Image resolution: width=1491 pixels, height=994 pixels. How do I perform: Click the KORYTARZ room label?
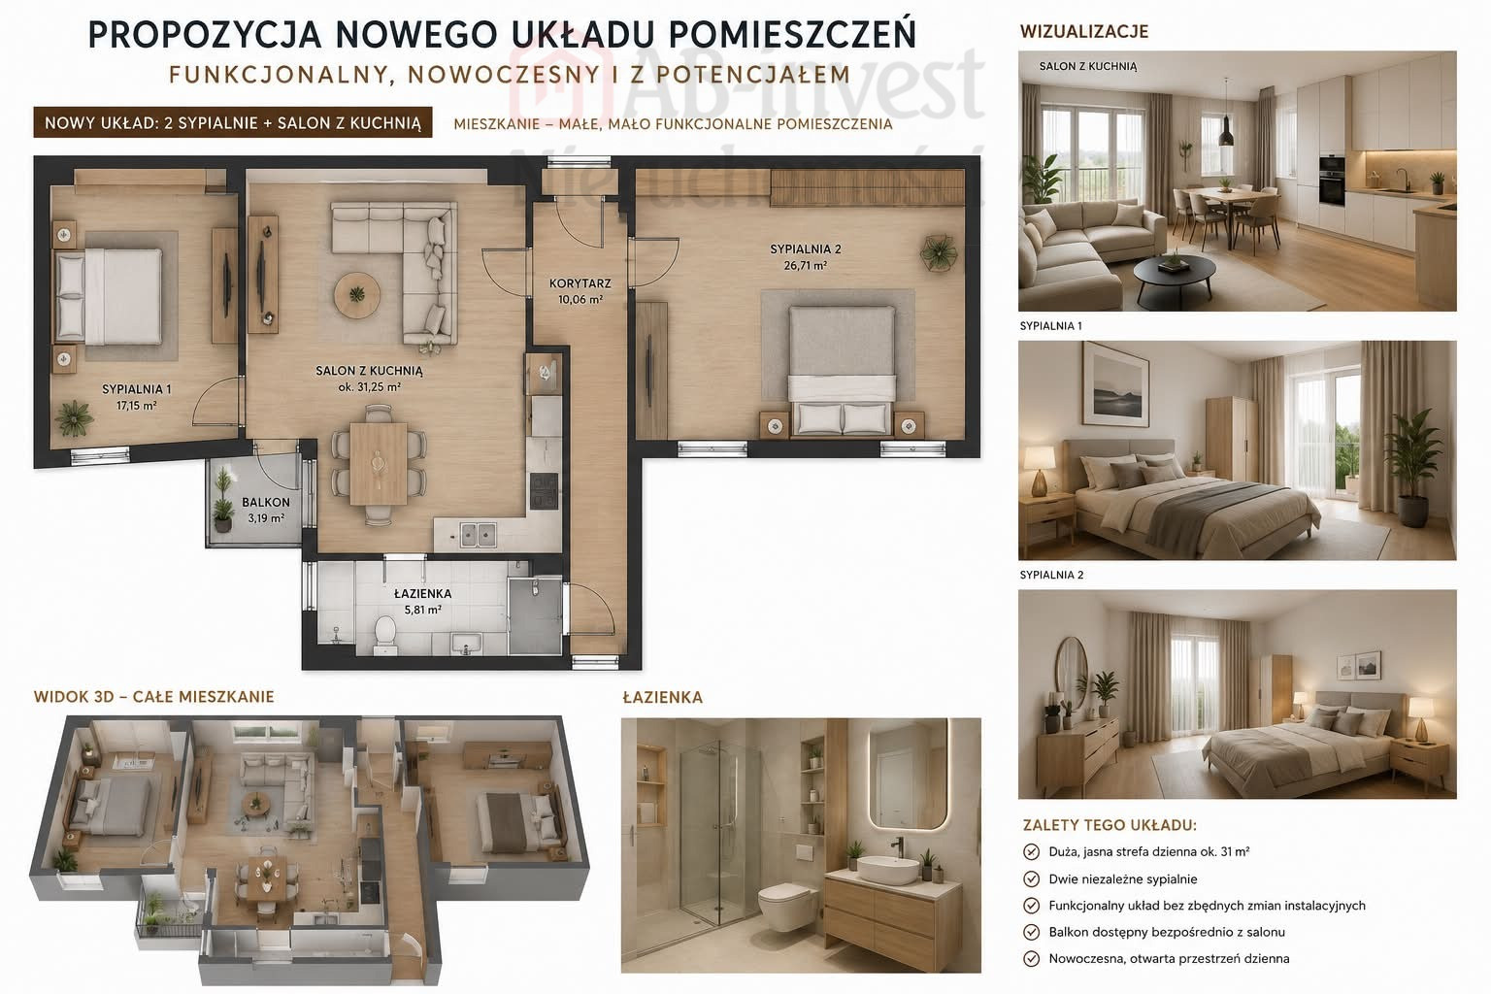[x=580, y=283]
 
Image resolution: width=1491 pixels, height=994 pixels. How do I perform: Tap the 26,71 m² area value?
[x=806, y=266]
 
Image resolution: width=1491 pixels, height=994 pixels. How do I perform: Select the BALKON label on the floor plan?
[x=266, y=503]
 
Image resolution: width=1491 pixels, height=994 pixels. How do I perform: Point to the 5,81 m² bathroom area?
[x=422, y=610]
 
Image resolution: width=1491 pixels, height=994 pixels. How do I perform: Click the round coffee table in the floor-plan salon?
[x=357, y=293]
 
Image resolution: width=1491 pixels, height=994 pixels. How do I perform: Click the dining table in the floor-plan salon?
[x=378, y=463]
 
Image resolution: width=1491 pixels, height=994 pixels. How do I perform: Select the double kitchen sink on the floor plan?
[x=478, y=535]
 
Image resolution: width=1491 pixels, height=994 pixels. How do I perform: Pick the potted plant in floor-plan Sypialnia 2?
[x=939, y=253]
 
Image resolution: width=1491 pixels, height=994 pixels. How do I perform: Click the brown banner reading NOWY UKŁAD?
[x=233, y=122]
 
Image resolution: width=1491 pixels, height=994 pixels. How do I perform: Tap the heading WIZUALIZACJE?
[x=1084, y=31]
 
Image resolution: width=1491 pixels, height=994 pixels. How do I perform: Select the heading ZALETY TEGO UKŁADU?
[x=1110, y=825]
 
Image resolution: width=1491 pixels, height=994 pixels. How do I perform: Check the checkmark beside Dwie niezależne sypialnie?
[x=1031, y=879]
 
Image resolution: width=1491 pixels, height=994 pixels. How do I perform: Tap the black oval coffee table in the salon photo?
[x=1175, y=273]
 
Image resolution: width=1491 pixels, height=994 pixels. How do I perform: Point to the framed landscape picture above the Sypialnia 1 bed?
[x=1115, y=384]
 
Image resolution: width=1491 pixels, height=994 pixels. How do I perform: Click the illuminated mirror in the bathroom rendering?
[x=909, y=774]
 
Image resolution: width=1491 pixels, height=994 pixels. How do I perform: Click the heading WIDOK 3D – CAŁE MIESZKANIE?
[x=153, y=697]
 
